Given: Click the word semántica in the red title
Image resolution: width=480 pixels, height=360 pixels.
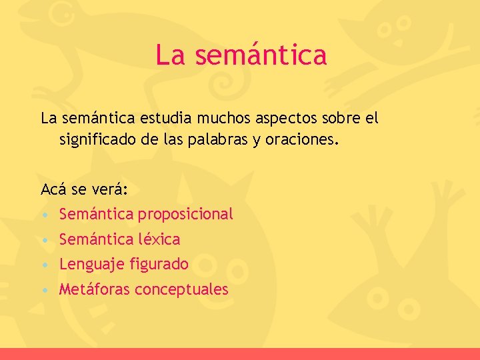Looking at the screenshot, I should click(x=261, y=55).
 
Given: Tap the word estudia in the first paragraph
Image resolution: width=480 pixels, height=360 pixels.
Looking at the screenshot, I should click(x=165, y=119).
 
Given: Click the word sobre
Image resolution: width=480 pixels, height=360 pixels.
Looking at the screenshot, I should click(x=341, y=119).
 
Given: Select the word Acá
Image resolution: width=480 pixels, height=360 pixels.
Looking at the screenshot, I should click(x=53, y=189).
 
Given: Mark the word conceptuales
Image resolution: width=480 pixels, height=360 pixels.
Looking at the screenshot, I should click(x=181, y=290).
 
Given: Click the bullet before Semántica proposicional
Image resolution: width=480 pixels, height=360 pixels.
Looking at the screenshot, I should click(x=43, y=215).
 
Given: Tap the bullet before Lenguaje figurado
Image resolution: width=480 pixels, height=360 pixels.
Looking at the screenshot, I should click(x=43, y=265).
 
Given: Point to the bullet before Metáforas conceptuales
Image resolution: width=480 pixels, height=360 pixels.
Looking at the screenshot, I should click(x=43, y=290).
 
